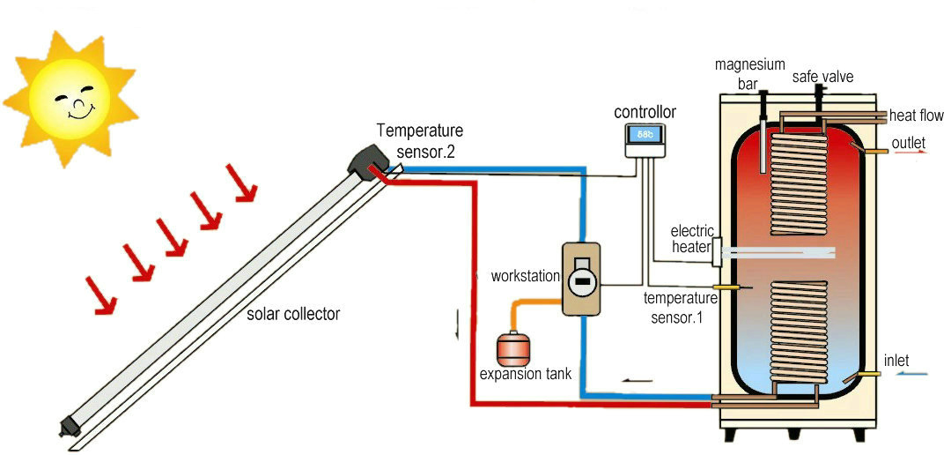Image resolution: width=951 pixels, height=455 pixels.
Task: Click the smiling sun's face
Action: point(70,98)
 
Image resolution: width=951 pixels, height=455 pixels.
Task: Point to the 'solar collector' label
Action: point(293,314)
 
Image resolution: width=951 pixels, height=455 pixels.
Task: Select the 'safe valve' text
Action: point(822,77)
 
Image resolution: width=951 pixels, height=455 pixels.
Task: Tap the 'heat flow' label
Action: point(916,116)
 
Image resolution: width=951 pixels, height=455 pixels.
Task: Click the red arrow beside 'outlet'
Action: point(910,152)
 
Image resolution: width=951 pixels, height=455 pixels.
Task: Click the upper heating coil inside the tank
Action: point(799,182)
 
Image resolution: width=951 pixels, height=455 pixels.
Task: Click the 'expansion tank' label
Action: point(525,374)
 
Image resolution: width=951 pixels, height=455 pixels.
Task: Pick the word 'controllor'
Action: point(645,112)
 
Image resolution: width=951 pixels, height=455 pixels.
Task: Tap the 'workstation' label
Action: point(526,276)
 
